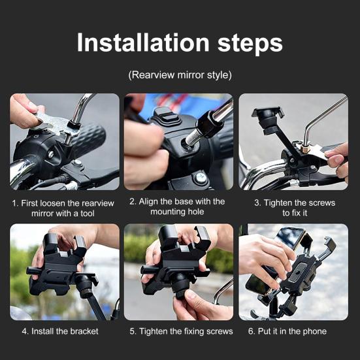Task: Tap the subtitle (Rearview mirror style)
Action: pyautogui.click(x=180, y=74)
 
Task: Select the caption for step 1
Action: pyautogui.click(x=63, y=208)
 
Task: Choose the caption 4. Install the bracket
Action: pyautogui.click(x=60, y=331)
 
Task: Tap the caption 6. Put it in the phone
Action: pyautogui.click(x=287, y=331)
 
